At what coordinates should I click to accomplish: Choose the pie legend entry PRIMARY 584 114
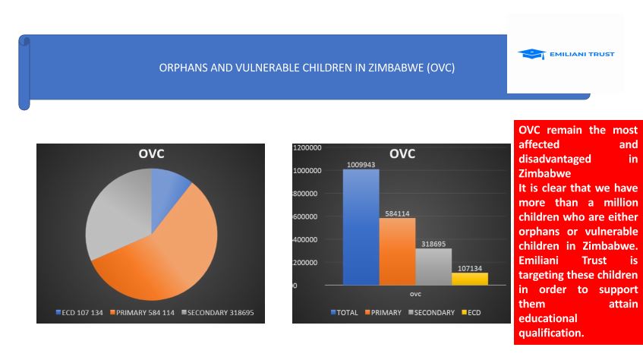point(144,313)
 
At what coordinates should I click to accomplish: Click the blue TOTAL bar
point(361,228)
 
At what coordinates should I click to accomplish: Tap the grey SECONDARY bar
point(433,267)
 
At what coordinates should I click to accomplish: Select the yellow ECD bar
point(470,279)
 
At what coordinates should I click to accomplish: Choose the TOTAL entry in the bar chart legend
point(346,312)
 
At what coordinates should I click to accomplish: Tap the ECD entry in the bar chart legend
point(471,312)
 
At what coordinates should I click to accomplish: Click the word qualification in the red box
point(551,333)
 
